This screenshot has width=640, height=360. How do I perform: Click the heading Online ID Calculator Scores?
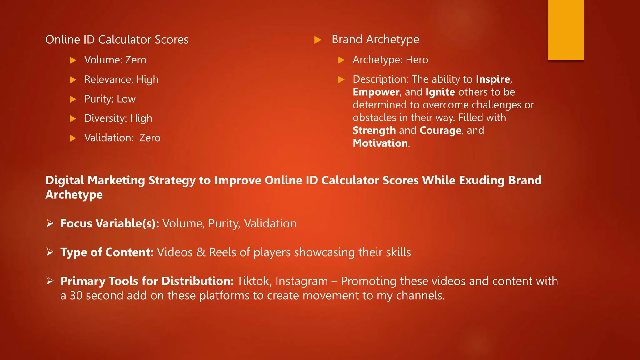pyautogui.click(x=117, y=40)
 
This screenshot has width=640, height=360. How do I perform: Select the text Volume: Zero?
pyautogui.click(x=115, y=60)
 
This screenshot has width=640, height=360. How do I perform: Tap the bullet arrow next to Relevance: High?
pyautogui.click(x=73, y=80)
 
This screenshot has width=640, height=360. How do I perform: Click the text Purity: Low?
pyautogui.click(x=110, y=99)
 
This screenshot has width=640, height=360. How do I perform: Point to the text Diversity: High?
pyautogui.click(x=118, y=118)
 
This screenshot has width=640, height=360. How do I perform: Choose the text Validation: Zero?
pyautogui.click(x=122, y=138)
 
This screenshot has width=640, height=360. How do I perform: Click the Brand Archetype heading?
pyautogui.click(x=375, y=39)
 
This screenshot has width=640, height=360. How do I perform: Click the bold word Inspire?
pyautogui.click(x=493, y=79)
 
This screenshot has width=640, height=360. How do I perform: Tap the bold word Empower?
pyautogui.click(x=376, y=92)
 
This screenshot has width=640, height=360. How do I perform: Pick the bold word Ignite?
pyautogui.click(x=440, y=92)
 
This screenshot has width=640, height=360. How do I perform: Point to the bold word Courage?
pyautogui.click(x=440, y=130)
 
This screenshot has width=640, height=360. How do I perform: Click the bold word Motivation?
pyautogui.click(x=380, y=143)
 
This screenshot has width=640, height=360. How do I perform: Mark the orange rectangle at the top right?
pyautogui.click(x=566, y=30)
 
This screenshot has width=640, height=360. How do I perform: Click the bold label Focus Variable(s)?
pyautogui.click(x=110, y=223)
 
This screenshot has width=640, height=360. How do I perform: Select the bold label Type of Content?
pyautogui.click(x=107, y=252)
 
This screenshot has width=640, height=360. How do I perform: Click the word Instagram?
pyautogui.click(x=302, y=281)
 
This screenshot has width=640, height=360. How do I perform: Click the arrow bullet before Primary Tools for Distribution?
pyautogui.click(x=50, y=281)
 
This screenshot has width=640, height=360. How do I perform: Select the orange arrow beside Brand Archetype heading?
pyautogui.click(x=318, y=40)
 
